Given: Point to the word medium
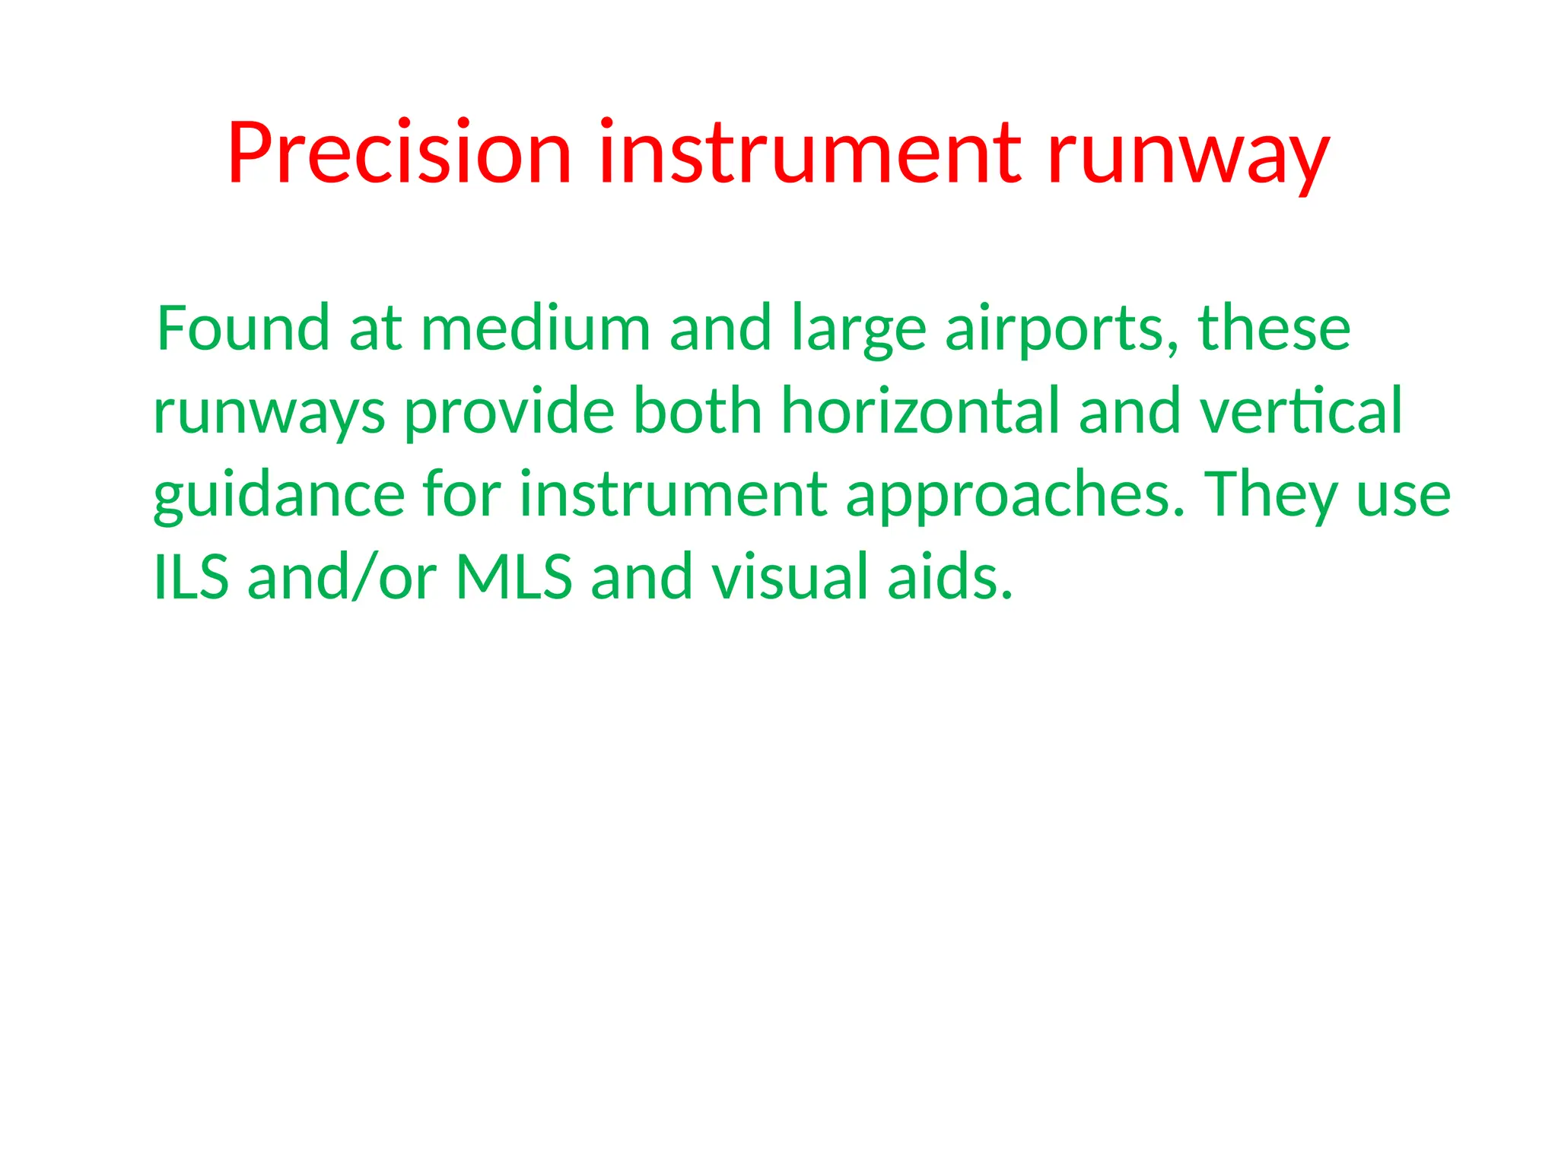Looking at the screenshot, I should [535, 328].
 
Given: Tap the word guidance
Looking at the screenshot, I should [278, 497].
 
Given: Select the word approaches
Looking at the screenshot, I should [1015, 497].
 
